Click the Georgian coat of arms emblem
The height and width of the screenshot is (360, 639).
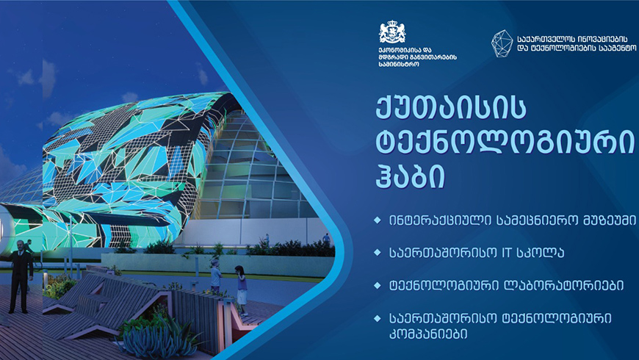coord(392,32)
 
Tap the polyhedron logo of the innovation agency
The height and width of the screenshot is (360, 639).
coord(502,43)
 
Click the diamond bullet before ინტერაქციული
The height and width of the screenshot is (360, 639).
coord(378,220)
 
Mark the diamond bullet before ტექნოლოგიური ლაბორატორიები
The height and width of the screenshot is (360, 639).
coord(378,285)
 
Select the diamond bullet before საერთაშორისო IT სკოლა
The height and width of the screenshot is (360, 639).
coord(378,253)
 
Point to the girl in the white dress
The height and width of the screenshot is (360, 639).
coord(240,290)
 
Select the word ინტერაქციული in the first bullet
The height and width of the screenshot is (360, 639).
coord(440,220)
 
